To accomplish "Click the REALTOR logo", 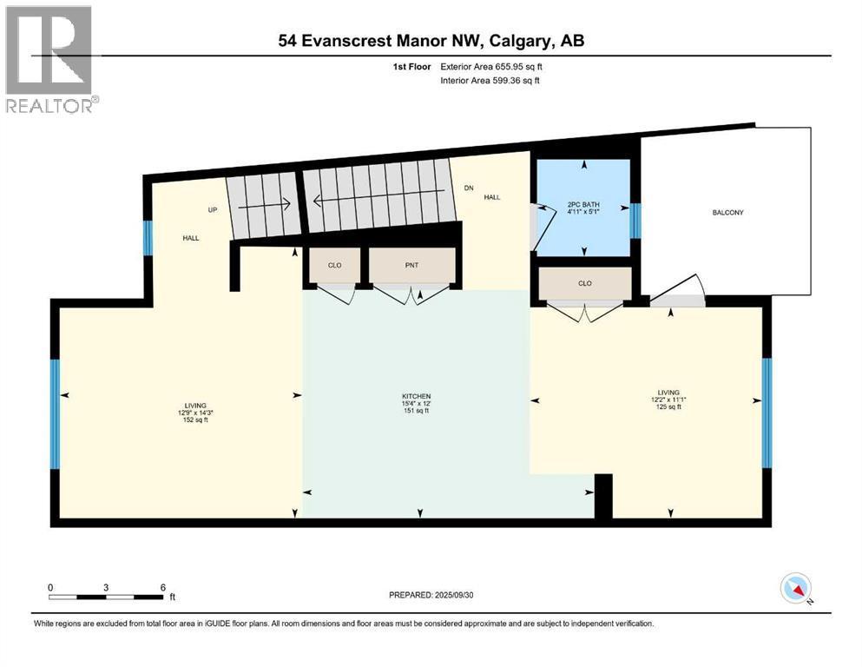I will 50,59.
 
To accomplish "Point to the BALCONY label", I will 727,213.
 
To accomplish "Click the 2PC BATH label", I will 584,206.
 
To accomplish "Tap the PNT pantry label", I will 412,265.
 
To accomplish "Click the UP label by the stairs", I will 211,210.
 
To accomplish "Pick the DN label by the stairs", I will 470,188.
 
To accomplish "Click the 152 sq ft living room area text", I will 194,419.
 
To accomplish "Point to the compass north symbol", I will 795,589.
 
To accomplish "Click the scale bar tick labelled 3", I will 106,588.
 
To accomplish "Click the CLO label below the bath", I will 584,283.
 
